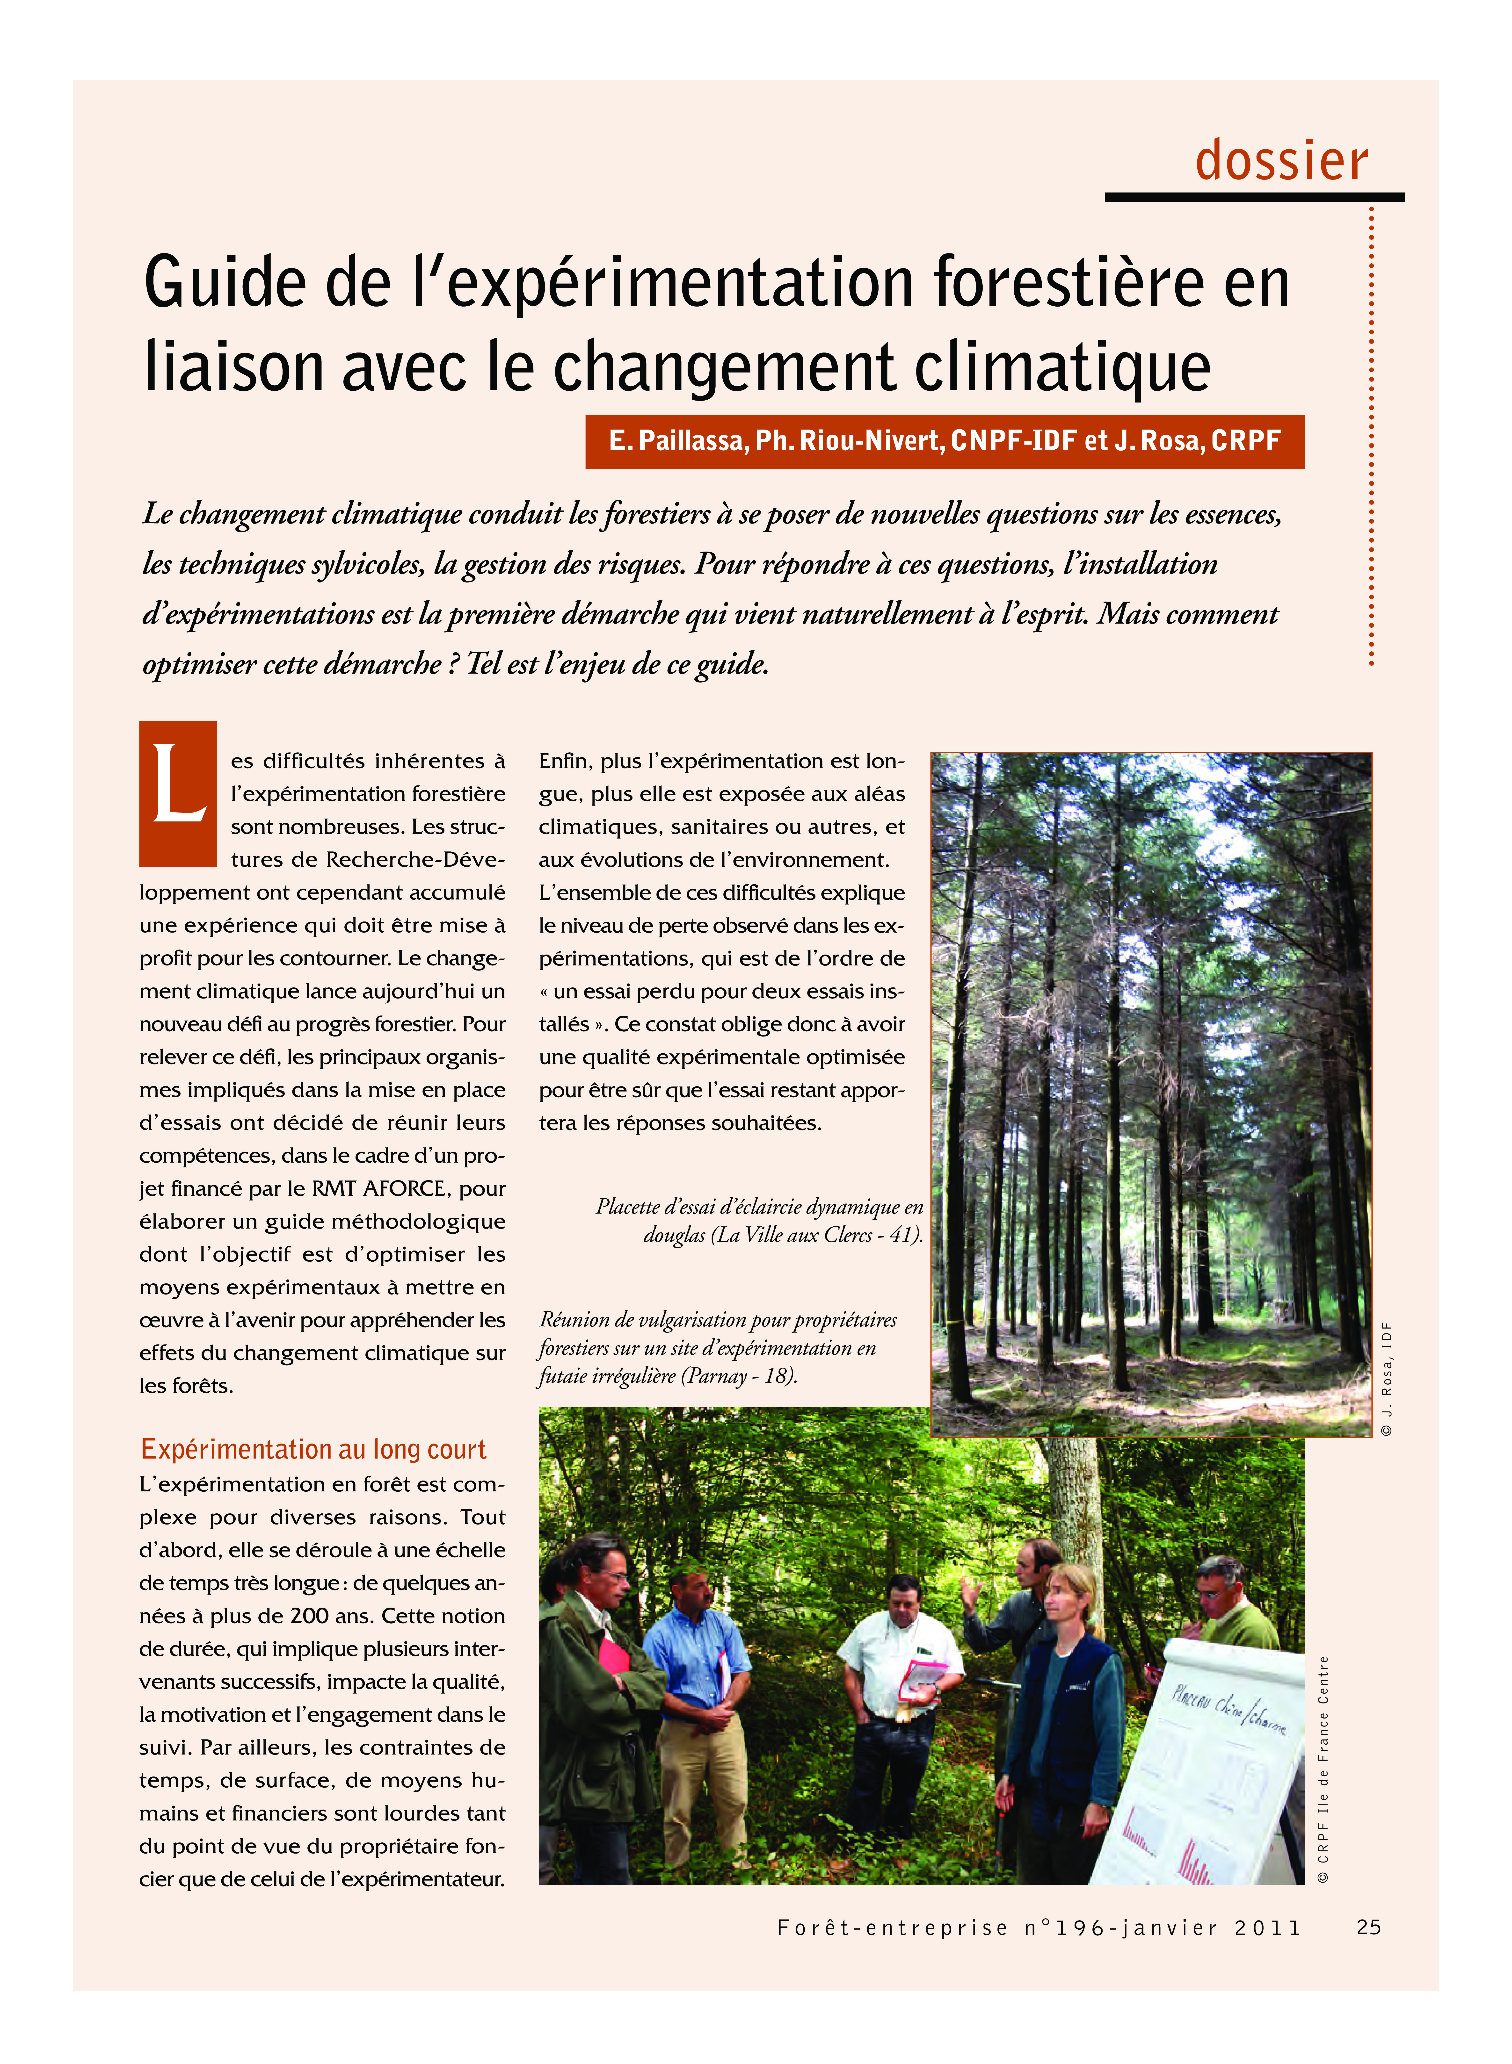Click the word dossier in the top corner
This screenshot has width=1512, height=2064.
pos(1281,161)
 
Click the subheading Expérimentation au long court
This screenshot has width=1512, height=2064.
pos(313,1449)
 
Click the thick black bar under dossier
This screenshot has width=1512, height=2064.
pos(1254,197)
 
